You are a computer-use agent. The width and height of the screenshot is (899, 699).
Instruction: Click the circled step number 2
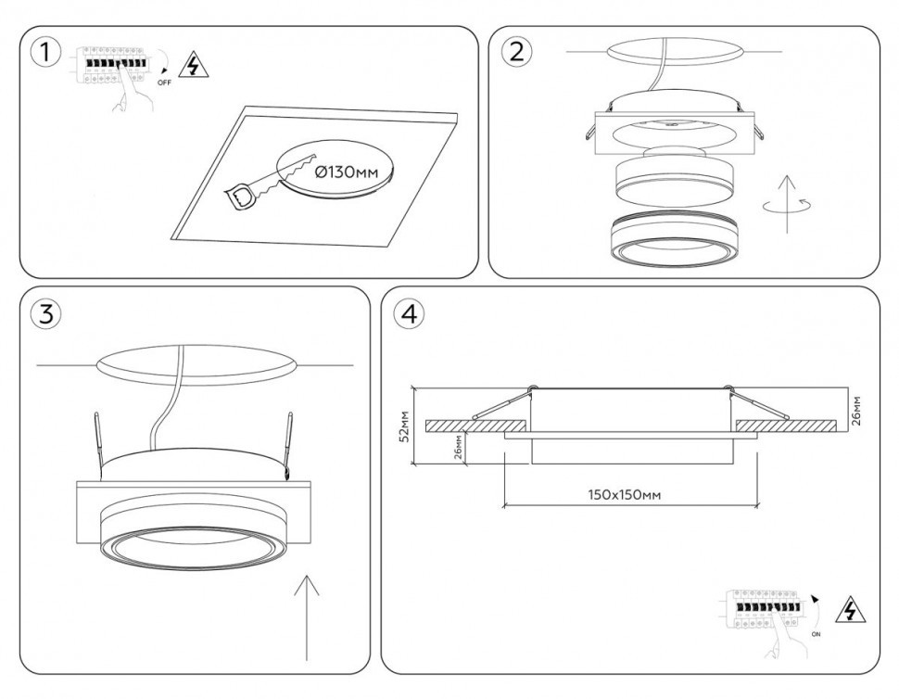pos(516,52)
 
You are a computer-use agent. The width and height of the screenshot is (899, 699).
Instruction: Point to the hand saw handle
pos(242,196)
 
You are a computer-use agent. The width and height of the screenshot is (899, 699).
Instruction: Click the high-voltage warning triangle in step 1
pos(192,65)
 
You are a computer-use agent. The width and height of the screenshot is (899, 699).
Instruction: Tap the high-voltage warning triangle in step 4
pos(846,612)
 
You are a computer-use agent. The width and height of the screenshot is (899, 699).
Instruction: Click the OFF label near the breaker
pos(164,83)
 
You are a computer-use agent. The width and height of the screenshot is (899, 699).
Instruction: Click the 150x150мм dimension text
pos(625,495)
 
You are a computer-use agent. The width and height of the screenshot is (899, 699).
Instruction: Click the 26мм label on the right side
pos(857,410)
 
